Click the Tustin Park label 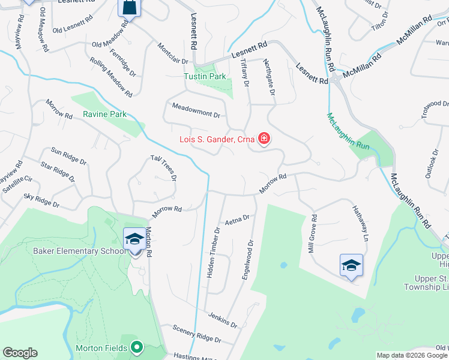[x=205, y=76]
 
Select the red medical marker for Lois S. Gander [x=264, y=139]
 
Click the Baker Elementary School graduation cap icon [x=134, y=239]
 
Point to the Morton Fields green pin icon [x=137, y=347]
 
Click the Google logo [x=20, y=353]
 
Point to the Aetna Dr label [x=237, y=221]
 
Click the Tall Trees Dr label [x=164, y=167]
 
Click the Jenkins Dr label [x=222, y=320]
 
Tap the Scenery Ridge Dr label [x=197, y=334]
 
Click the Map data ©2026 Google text [x=412, y=355]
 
